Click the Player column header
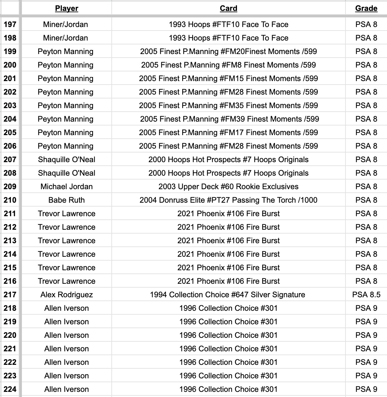67,8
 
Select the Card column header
228,8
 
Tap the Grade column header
366,8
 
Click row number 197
10,24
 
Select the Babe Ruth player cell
67,200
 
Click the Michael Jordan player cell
67,187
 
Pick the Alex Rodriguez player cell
67,295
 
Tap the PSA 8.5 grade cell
366,295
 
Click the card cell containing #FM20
228,51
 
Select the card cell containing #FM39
229,119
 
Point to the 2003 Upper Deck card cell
228,187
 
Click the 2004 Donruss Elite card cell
228,200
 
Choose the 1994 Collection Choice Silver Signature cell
227,295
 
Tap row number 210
10,200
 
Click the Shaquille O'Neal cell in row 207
67,160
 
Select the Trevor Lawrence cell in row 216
67,281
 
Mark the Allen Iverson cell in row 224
67,389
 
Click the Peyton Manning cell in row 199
66,51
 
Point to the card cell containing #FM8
228,65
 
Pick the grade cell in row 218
366,308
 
